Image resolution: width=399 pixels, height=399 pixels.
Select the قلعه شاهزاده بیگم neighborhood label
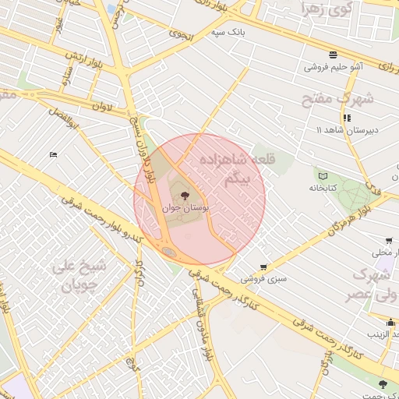(x=228, y=169)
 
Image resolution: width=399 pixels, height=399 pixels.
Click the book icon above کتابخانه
(x=323, y=175)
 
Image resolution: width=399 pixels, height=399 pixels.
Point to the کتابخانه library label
(x=322, y=188)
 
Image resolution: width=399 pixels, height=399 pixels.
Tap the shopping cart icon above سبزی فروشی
(x=263, y=267)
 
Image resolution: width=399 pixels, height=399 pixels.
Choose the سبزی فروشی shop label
(x=263, y=278)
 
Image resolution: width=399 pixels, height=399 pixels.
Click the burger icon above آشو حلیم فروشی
(x=333, y=55)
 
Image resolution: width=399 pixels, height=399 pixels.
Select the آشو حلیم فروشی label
(x=334, y=67)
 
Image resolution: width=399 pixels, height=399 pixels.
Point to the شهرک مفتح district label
(x=337, y=100)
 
